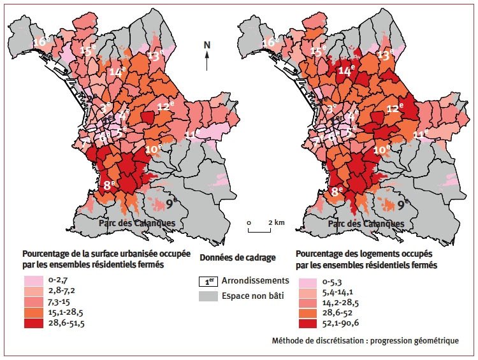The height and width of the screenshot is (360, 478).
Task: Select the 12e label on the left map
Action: (x=166, y=106)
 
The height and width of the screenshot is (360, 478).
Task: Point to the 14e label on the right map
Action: (x=346, y=72)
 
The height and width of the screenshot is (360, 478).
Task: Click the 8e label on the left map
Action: (x=110, y=186)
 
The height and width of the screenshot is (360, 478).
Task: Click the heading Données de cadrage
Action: (x=237, y=258)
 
